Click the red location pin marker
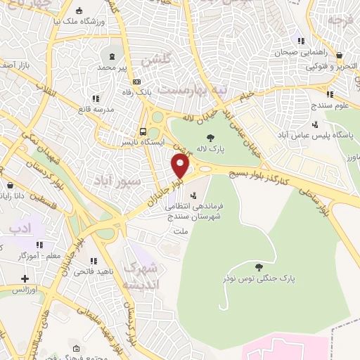pyautogui.click(x=181, y=165)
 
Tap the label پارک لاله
pyautogui.click(x=210, y=150)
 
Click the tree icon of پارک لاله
pyautogui.click(x=210, y=137)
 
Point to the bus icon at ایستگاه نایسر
pyautogui.click(x=143, y=131)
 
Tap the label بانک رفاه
pyautogui.click(x=136, y=92)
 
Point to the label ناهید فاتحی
pyautogui.click(x=73, y=270)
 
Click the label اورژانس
pyautogui.click(x=24, y=289)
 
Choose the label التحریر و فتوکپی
pyautogui.click(x=340, y=67)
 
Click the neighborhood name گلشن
pyautogui.click(x=155, y=60)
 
